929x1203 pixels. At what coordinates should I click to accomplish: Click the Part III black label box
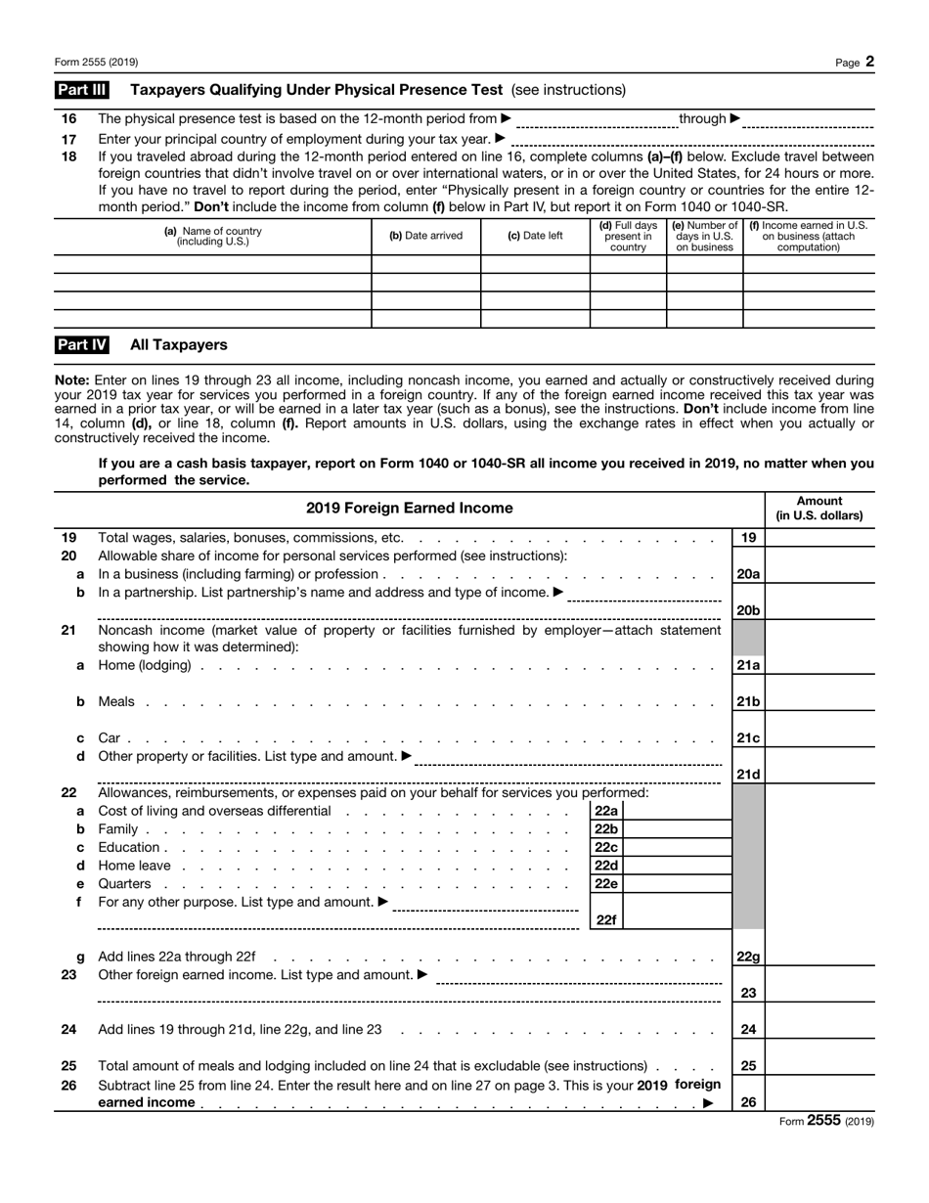(x=81, y=90)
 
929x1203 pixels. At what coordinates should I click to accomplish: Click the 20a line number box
(x=748, y=575)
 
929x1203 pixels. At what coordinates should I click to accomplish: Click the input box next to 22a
(x=676, y=811)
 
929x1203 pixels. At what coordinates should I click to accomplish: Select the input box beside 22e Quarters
(x=676, y=884)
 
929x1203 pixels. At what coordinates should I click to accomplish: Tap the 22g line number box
(x=748, y=958)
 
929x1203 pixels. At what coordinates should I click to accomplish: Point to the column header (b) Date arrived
(x=426, y=237)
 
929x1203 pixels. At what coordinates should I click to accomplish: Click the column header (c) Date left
(x=535, y=237)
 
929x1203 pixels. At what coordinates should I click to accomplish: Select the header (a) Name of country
(x=213, y=237)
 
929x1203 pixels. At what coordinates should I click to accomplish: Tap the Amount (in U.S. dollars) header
(x=819, y=509)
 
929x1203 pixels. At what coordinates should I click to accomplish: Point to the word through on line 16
(x=702, y=119)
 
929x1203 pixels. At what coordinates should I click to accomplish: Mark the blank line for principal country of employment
(x=692, y=141)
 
